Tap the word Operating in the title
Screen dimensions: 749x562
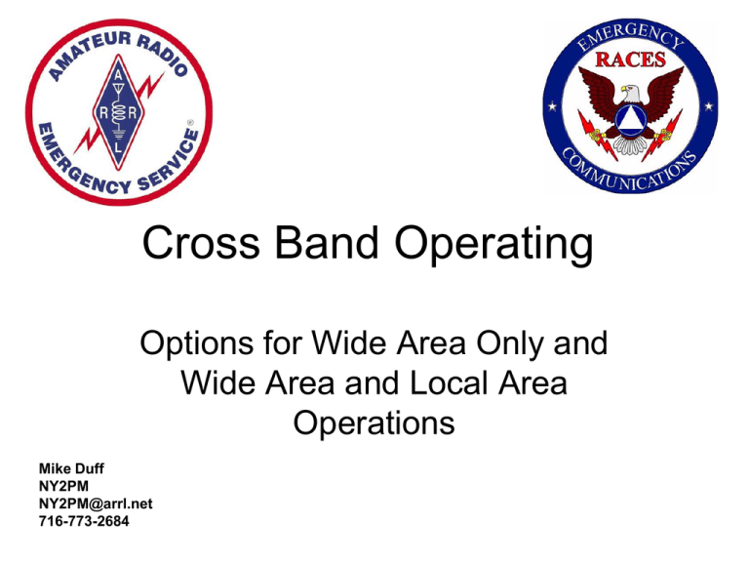(493, 245)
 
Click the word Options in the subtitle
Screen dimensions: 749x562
(197, 344)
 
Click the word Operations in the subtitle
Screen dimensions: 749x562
(374, 422)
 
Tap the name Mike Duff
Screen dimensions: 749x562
(71, 468)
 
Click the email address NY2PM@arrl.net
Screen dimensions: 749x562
(96, 503)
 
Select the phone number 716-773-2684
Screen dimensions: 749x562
(84, 521)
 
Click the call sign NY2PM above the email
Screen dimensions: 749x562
(63, 486)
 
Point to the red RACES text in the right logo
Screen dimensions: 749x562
(631, 60)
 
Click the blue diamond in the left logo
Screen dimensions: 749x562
(118, 112)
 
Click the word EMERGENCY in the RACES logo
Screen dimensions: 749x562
(630, 36)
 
